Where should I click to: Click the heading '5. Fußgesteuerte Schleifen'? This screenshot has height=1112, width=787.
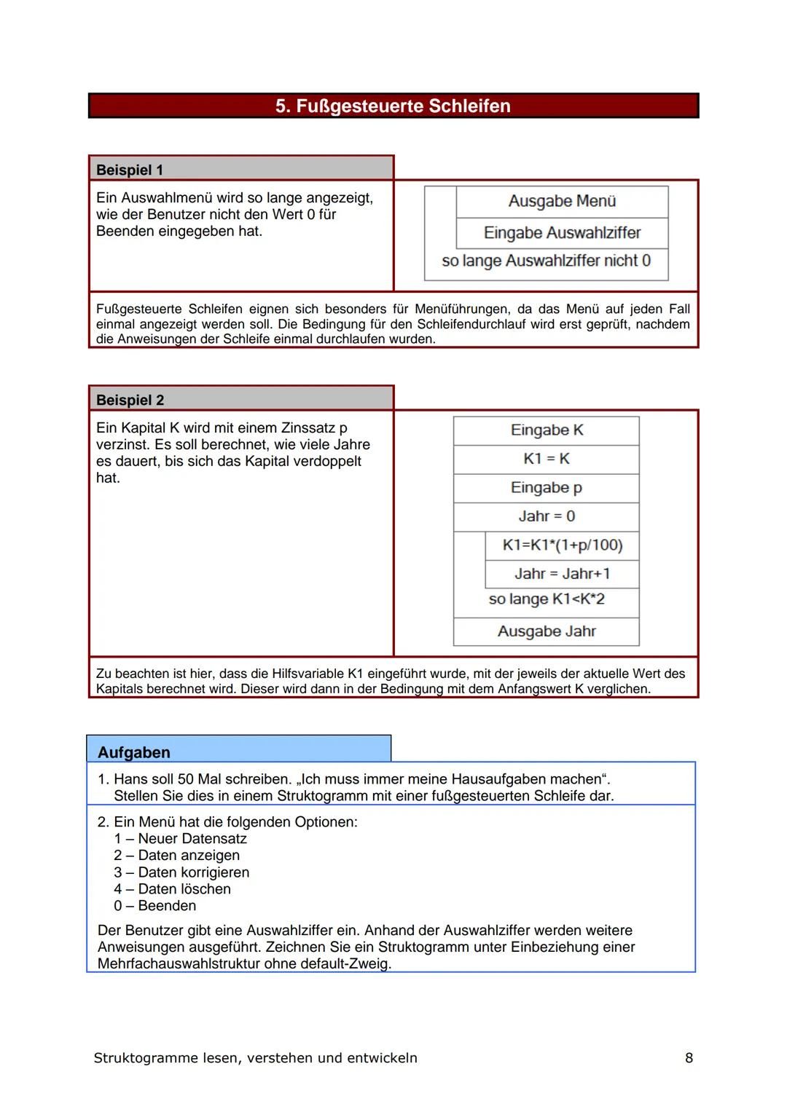click(x=393, y=106)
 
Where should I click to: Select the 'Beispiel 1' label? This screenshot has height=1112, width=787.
click(x=130, y=170)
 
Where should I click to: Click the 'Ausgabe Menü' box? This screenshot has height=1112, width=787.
click(x=562, y=201)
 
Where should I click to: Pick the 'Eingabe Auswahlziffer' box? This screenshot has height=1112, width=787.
click(x=562, y=233)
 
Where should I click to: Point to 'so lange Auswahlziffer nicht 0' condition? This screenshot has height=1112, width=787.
click(x=546, y=261)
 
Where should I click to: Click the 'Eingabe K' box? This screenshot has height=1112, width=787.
click(x=547, y=430)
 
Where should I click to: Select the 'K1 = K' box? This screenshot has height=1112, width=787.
click(x=547, y=459)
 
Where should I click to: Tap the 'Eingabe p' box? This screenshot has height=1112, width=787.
click(x=547, y=488)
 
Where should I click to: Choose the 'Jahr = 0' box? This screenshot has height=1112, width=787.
click(x=547, y=516)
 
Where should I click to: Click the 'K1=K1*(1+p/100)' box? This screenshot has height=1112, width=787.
click(x=562, y=545)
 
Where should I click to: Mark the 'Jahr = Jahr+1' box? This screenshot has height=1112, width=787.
click(x=562, y=574)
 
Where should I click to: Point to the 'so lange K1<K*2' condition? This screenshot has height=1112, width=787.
click(x=547, y=599)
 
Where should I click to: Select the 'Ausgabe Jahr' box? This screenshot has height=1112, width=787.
click(x=547, y=631)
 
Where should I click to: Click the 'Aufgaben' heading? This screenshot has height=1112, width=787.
click(x=134, y=752)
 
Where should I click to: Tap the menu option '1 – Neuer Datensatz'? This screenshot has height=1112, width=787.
click(x=180, y=839)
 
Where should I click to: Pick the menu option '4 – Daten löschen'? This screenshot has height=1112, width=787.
click(x=172, y=889)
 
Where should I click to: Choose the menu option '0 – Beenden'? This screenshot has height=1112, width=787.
click(x=155, y=906)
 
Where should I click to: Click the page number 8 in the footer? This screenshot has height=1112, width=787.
click(x=689, y=1058)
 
